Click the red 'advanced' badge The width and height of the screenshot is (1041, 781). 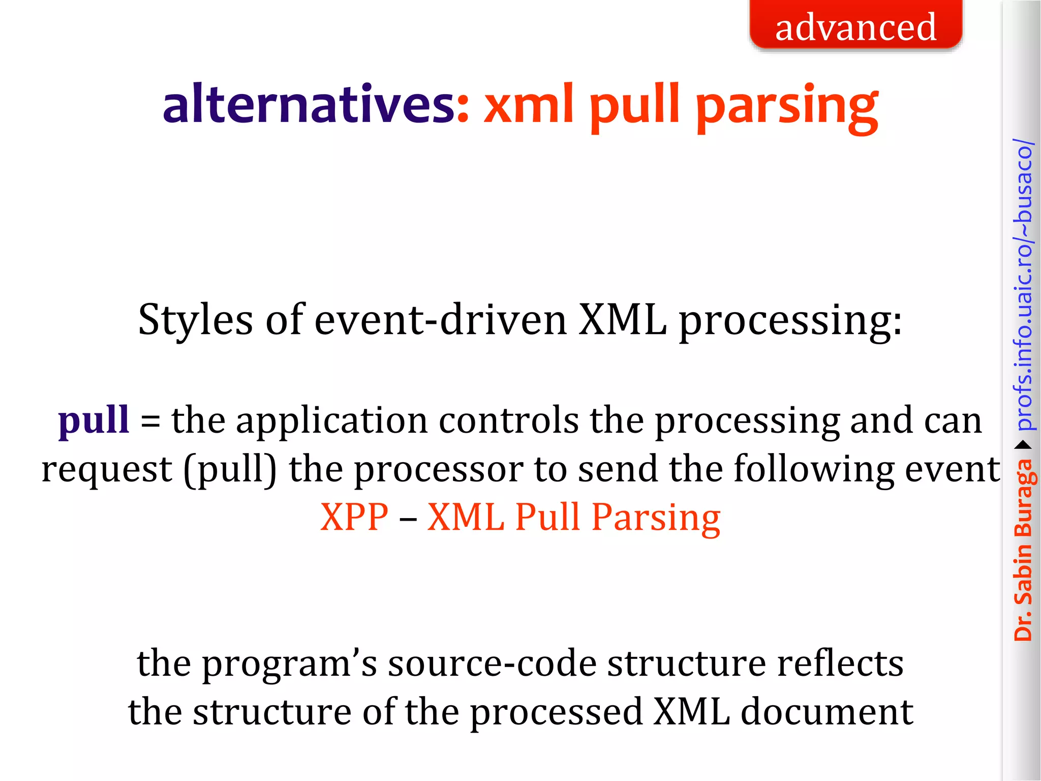[855, 25]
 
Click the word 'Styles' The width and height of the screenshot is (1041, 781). [195, 320]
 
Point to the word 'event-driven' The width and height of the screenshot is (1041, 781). [440, 320]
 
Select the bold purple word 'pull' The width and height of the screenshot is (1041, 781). [94, 421]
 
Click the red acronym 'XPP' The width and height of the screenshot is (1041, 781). [354, 518]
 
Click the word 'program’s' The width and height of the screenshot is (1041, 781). [290, 665]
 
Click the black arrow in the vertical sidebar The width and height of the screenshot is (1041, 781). [1023, 445]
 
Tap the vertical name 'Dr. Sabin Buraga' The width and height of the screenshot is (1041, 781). [1023, 549]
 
